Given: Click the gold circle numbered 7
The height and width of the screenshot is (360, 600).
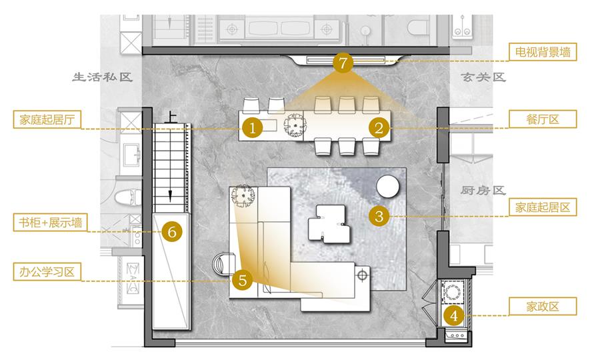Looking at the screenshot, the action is [x=343, y=63].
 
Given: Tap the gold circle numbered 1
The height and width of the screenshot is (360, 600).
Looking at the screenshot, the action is [x=252, y=128].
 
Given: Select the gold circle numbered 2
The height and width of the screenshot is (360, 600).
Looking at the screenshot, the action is [x=379, y=128].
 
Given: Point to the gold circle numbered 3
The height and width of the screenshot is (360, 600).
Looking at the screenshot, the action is [x=379, y=216].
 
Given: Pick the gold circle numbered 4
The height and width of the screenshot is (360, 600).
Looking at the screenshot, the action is [x=454, y=315].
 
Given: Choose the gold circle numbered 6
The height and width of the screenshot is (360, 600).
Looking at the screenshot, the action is [x=172, y=231].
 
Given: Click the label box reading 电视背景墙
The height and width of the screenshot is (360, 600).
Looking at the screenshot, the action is [x=543, y=52].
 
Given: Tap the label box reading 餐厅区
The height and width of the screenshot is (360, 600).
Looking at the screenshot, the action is [x=543, y=119].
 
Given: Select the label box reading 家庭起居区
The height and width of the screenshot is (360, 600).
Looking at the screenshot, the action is [x=543, y=207].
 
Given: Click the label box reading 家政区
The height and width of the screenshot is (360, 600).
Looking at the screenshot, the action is [x=543, y=307].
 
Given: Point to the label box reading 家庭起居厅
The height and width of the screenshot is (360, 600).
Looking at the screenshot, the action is [x=47, y=120].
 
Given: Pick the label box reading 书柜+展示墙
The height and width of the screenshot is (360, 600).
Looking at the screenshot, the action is [x=50, y=222].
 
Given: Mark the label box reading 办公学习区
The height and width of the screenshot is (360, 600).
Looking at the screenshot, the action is [x=47, y=272].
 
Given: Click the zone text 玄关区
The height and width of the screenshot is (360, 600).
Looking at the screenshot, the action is [x=483, y=77].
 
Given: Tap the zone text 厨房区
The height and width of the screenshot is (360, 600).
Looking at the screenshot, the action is [x=483, y=190].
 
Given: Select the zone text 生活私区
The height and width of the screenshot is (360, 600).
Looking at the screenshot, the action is [x=103, y=77].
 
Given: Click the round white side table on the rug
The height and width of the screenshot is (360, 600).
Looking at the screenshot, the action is [x=387, y=186].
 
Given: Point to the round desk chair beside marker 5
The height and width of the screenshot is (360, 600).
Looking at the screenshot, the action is [x=224, y=263].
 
